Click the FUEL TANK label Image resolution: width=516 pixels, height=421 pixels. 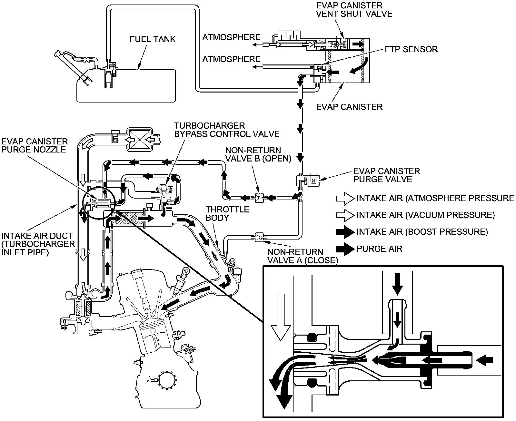(153, 39)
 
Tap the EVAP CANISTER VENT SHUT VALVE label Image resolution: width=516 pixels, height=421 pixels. (354, 10)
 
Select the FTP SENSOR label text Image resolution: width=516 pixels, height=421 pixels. (411, 49)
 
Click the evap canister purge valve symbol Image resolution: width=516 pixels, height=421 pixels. (308, 181)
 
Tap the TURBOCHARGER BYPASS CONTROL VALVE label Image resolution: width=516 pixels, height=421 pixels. (227, 130)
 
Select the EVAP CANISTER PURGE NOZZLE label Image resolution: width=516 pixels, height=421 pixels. (35, 145)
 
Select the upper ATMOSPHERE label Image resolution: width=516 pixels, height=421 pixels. (231, 37)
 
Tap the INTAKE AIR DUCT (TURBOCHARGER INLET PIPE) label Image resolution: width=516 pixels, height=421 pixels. (38, 244)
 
